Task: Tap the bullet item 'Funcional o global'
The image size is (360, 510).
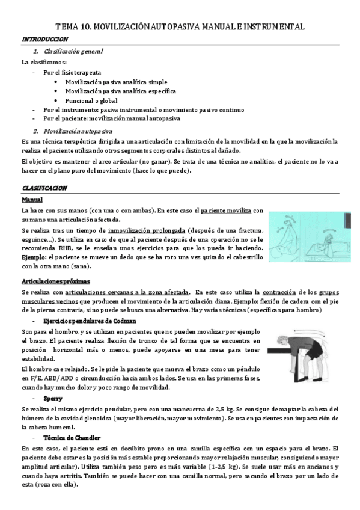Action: [91, 100]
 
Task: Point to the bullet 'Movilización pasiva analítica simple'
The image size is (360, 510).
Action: [116, 82]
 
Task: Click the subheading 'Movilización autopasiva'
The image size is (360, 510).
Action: [78, 131]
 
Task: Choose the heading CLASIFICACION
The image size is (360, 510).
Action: [44, 188]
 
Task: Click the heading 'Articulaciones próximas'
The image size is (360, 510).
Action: [55, 281]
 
